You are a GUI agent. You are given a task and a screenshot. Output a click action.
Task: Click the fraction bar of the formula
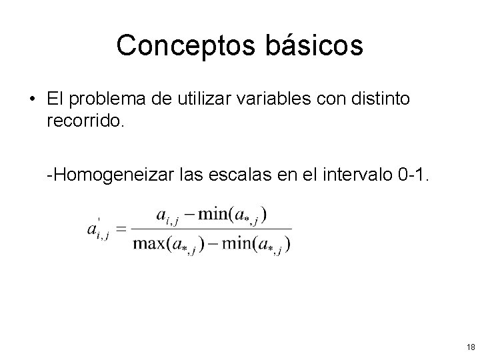pyautogui.click(x=211, y=229)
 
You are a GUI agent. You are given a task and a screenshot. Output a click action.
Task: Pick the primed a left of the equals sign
pyautogui.click(x=95, y=229)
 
